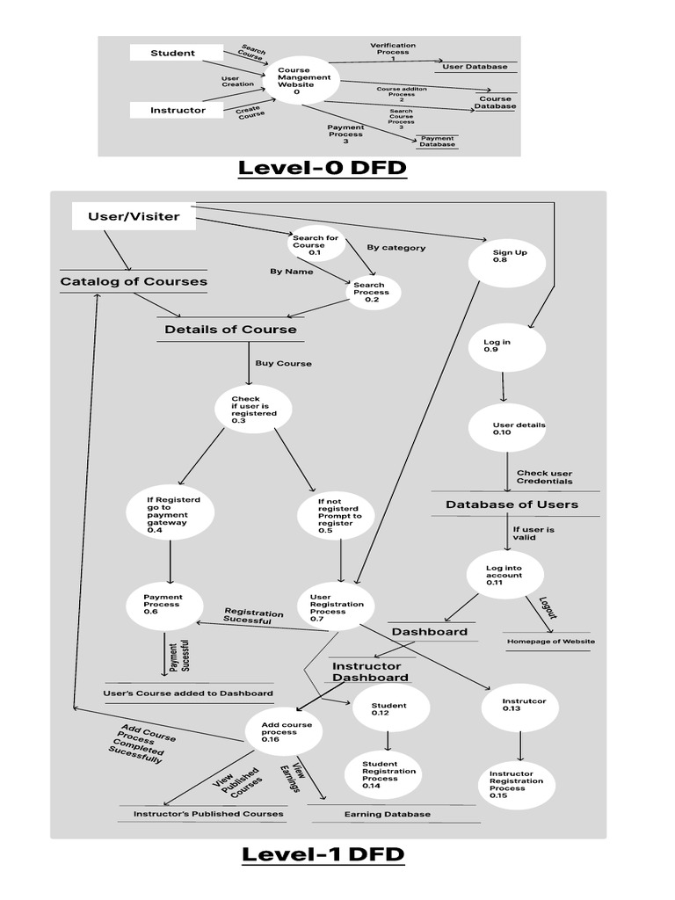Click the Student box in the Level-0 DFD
[x=172, y=53]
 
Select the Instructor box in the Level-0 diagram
[x=178, y=110]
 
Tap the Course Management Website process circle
[x=303, y=81]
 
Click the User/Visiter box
[x=134, y=216]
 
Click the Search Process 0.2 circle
[x=371, y=293]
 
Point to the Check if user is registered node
[x=253, y=410]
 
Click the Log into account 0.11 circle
[x=504, y=574]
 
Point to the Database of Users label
[x=512, y=504]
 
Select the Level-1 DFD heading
[x=323, y=853]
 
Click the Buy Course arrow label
[x=283, y=363]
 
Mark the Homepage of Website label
[x=551, y=642]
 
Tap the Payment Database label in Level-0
[x=437, y=141]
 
